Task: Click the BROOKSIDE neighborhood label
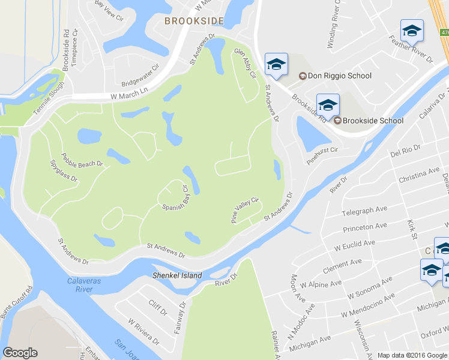click(x=194, y=21)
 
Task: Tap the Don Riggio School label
click(x=339, y=76)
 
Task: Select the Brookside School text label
click(x=372, y=121)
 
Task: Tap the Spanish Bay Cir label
click(x=176, y=200)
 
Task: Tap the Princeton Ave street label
click(x=365, y=228)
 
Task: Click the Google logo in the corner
click(x=20, y=353)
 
